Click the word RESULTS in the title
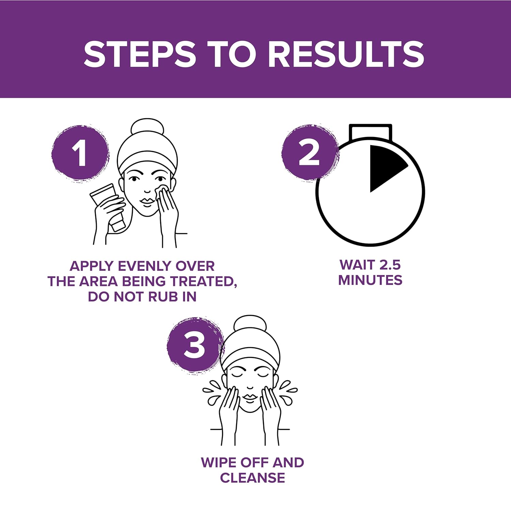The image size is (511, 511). [x=346, y=54]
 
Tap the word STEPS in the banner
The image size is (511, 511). [x=140, y=54]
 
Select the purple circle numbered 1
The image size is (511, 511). [x=80, y=153]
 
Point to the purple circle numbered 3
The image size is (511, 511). [x=195, y=345]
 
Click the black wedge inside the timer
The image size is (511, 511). [x=385, y=168]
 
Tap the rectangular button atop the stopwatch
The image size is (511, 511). [x=370, y=132]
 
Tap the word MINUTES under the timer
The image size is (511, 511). [x=370, y=280]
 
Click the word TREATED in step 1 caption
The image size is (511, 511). [x=203, y=281]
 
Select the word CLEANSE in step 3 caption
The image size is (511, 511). [x=252, y=478]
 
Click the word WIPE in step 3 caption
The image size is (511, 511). [x=218, y=462]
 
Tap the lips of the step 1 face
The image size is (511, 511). [x=148, y=201]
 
